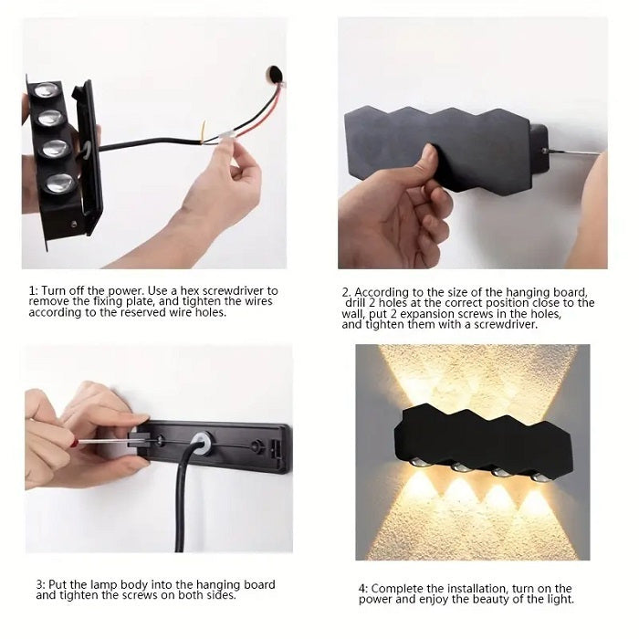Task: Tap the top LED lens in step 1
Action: pos(46,92)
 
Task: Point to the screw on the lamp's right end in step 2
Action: pos(544,151)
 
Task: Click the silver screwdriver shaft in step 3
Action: pos(108,441)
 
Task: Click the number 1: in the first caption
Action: pos(34,290)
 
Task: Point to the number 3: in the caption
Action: pos(42,584)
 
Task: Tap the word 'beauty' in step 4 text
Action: pos(499,600)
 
